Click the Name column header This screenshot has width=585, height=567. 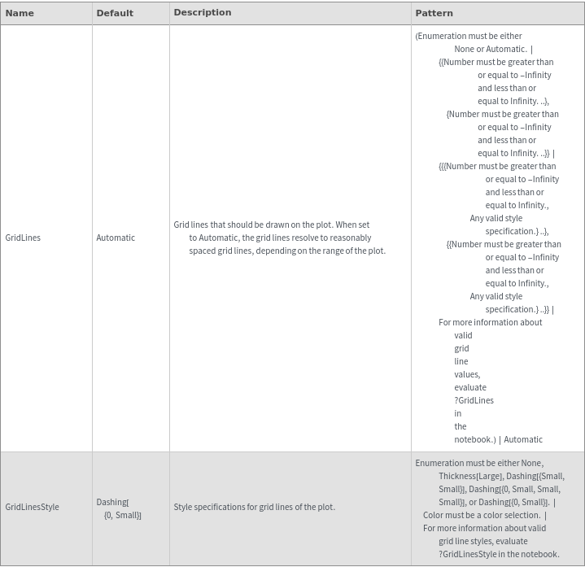point(20,13)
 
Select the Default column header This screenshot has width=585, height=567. point(115,13)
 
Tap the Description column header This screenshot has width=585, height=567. point(203,12)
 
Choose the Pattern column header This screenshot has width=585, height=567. point(434,13)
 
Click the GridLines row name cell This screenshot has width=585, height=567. point(23,238)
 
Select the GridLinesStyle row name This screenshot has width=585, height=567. point(32,507)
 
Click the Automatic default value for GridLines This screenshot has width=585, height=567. point(116,238)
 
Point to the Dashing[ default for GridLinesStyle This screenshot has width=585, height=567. point(112,502)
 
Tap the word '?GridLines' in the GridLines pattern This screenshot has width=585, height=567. point(474,400)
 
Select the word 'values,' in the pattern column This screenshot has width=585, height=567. point(467,374)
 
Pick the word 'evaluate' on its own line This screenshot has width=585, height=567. point(470,387)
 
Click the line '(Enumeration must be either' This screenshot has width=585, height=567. point(469,36)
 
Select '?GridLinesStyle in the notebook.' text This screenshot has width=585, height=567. point(499,554)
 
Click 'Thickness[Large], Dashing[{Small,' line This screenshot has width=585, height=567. point(501,476)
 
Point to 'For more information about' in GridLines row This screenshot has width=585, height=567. point(490,322)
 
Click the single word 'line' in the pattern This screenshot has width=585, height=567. point(461,361)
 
